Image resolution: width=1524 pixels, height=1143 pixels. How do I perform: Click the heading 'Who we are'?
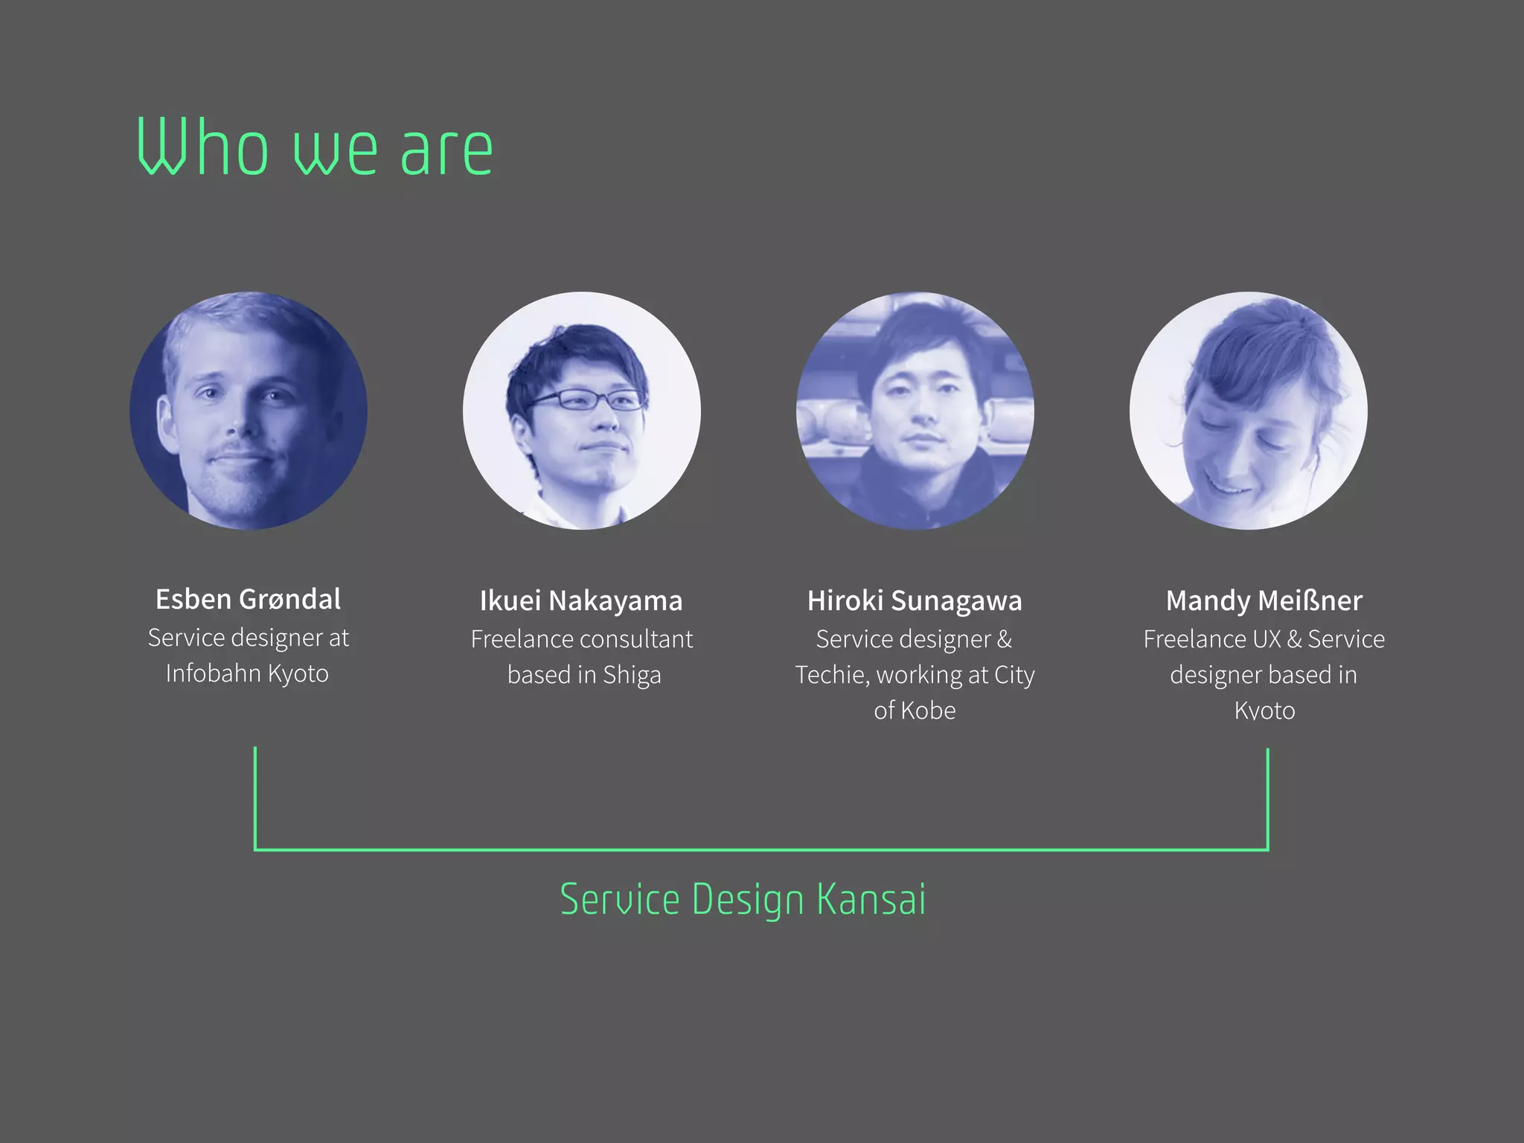click(x=314, y=149)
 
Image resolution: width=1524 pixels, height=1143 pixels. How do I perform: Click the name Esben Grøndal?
click(x=248, y=599)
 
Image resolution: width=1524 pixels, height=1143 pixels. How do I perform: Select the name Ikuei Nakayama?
click(x=581, y=601)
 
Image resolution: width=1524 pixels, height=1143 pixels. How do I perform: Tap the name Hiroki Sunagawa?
click(x=915, y=601)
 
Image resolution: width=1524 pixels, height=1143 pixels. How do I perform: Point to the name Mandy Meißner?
click(x=1264, y=601)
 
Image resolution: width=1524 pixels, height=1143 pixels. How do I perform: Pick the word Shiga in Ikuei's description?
click(x=632, y=675)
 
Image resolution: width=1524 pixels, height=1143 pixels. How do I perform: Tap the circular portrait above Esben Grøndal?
click(x=249, y=411)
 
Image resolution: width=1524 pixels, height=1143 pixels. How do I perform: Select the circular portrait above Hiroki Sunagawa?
click(x=915, y=411)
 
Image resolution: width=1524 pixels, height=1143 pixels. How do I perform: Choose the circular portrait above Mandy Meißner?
click(x=1248, y=411)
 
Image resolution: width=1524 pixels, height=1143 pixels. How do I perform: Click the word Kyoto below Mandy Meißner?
click(x=1264, y=711)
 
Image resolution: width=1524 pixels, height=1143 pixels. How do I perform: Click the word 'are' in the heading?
click(x=446, y=151)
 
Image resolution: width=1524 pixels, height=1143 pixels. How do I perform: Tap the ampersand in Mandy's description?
click(x=1294, y=639)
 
